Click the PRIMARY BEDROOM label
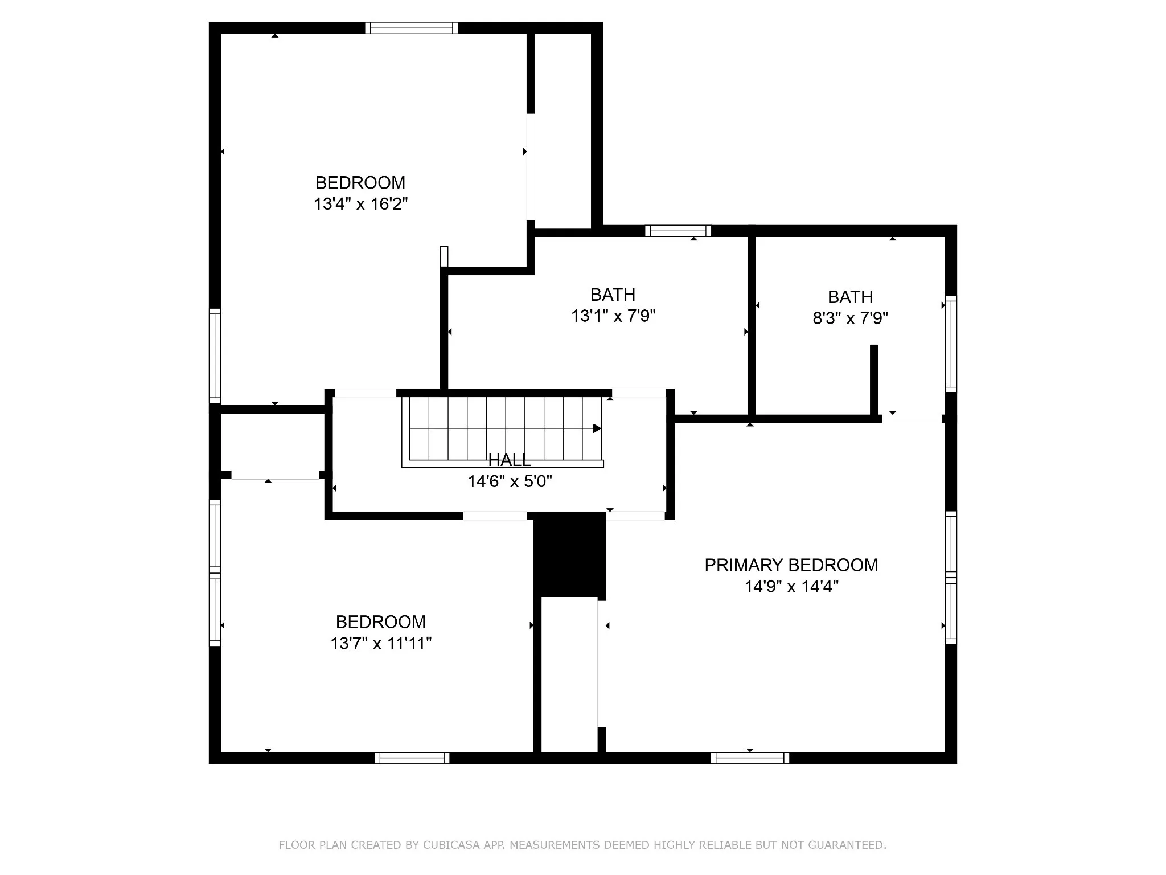[x=791, y=565]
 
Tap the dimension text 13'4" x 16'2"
[x=361, y=204]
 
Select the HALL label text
[x=510, y=460]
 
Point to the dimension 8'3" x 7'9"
[x=851, y=318]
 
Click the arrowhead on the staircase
[x=597, y=428]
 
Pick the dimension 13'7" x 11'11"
[x=381, y=644]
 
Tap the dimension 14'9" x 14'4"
[x=791, y=587]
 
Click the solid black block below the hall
[x=569, y=554]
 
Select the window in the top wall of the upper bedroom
[x=411, y=28]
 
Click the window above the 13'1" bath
[x=678, y=231]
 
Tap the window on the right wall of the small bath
[x=951, y=344]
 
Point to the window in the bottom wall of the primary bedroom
[x=750, y=758]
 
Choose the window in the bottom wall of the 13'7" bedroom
[x=412, y=758]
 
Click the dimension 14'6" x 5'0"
[x=510, y=482]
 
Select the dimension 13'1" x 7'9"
[x=613, y=316]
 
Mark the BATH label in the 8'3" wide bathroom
[x=851, y=297]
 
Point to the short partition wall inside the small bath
[x=874, y=381]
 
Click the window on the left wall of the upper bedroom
[x=215, y=355]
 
